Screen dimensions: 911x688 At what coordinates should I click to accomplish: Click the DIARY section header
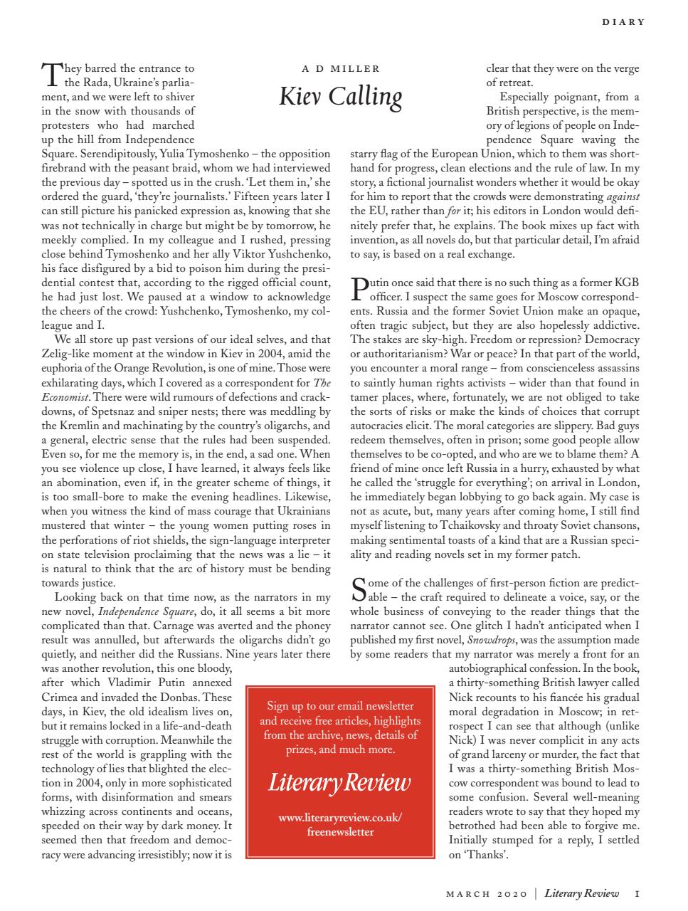(x=623, y=22)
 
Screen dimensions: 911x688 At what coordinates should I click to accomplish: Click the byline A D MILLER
(x=341, y=69)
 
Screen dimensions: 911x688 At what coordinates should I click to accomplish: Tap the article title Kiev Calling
(x=340, y=96)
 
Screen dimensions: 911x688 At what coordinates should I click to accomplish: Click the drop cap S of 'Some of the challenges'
(x=360, y=589)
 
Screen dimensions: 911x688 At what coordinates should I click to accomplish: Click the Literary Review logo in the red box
(x=339, y=782)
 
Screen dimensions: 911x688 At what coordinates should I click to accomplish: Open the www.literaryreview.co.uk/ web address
(x=340, y=818)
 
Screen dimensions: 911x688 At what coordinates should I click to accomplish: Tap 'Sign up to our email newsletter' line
(x=340, y=706)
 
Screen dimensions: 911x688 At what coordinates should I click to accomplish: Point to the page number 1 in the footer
(x=637, y=893)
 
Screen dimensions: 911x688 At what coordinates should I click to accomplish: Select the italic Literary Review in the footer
(x=581, y=893)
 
